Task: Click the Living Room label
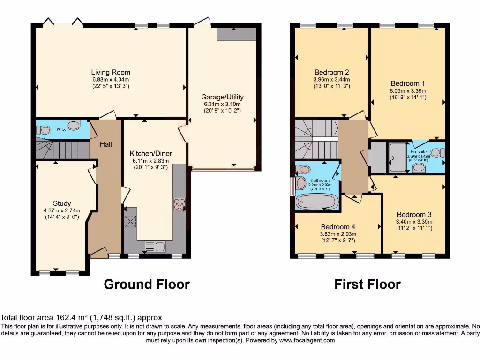click(x=111, y=72)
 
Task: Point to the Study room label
click(x=62, y=203)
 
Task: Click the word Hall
click(x=105, y=144)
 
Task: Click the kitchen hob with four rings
click(x=179, y=204)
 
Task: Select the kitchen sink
click(x=154, y=246)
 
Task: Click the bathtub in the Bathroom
click(x=316, y=202)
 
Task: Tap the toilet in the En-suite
click(x=437, y=152)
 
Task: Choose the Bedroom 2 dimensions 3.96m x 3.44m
click(x=331, y=80)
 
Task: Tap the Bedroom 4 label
click(x=337, y=227)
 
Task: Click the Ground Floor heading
click(x=146, y=284)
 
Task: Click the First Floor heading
click(x=367, y=284)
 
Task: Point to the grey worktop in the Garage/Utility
click(x=236, y=34)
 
